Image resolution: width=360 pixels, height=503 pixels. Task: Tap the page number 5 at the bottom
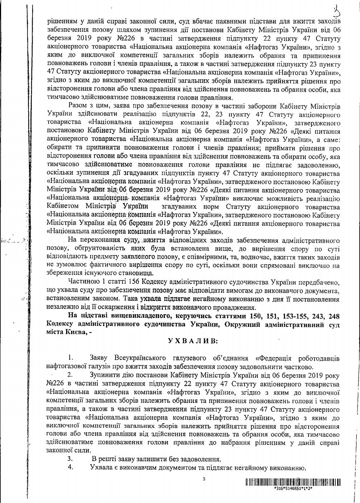[x=204, y=479]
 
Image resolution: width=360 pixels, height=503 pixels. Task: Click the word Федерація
[x=276, y=359]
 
